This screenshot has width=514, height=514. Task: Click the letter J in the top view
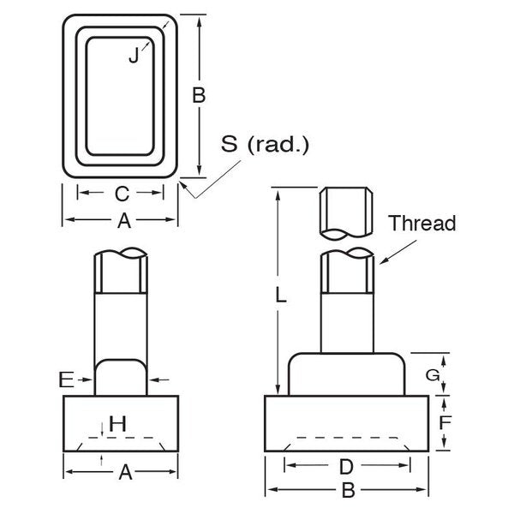click(134, 55)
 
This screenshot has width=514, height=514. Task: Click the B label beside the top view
click(199, 95)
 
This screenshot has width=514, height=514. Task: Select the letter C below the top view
click(122, 194)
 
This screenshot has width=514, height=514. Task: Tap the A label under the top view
click(124, 221)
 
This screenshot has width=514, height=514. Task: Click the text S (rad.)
click(265, 144)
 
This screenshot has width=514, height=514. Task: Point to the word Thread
click(422, 224)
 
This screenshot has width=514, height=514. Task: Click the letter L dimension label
click(281, 294)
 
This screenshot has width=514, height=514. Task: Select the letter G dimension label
click(433, 375)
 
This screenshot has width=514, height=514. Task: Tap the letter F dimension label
click(445, 422)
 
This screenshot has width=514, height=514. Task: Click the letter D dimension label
click(346, 467)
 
